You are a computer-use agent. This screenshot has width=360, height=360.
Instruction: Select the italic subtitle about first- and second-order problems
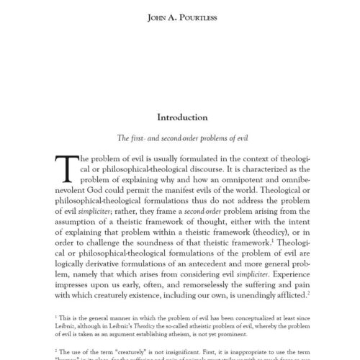tap(180, 136)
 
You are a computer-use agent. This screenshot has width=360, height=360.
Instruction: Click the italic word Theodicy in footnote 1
tap(140, 325)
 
